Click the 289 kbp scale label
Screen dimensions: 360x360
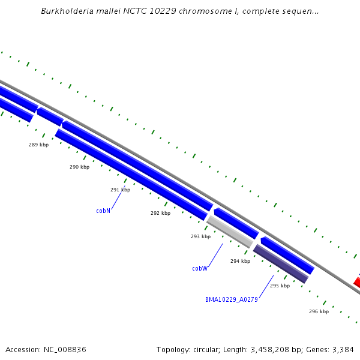[x=38, y=145]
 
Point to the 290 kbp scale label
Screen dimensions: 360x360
[x=79, y=167]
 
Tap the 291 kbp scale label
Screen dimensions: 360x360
[x=120, y=190]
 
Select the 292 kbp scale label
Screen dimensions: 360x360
[x=160, y=213]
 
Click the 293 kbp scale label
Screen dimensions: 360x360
[x=200, y=236]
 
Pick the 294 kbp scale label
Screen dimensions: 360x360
[x=240, y=261]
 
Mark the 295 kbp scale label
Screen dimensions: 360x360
[x=280, y=286]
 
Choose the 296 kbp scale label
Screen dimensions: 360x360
[x=319, y=311]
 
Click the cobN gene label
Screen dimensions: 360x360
[x=103, y=211]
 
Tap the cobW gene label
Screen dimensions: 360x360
[x=200, y=268]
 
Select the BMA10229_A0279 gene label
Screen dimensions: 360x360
[x=231, y=299]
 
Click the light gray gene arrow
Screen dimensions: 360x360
[x=229, y=232]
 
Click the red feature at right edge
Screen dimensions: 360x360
[x=357, y=282]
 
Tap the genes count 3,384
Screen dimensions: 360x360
[x=343, y=349]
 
